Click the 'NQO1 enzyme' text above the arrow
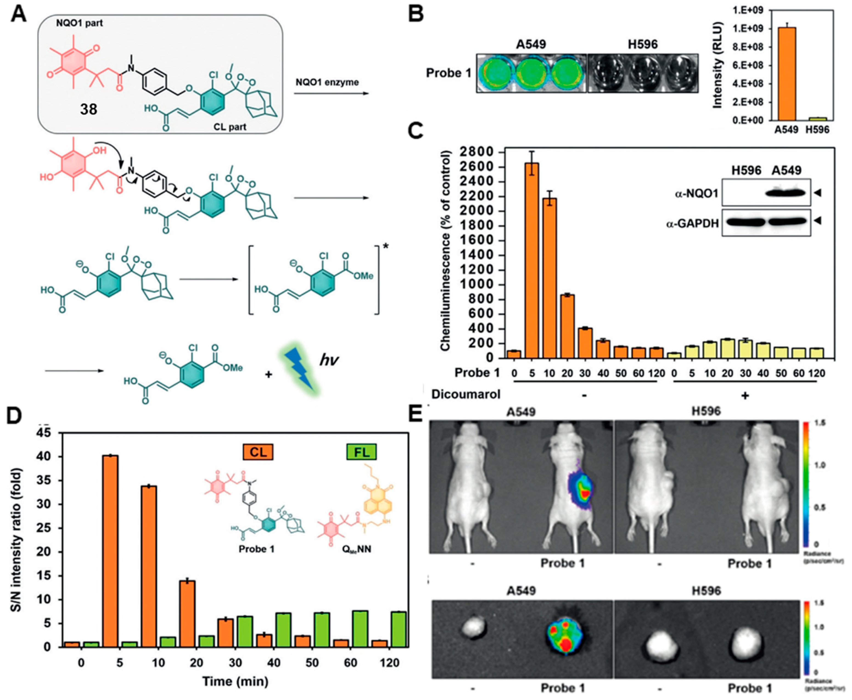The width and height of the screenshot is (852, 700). click(x=327, y=82)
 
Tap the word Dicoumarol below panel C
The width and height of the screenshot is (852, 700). click(x=466, y=394)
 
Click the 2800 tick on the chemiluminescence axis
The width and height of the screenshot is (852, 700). click(x=478, y=152)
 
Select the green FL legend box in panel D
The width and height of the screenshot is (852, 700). click(x=361, y=452)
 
